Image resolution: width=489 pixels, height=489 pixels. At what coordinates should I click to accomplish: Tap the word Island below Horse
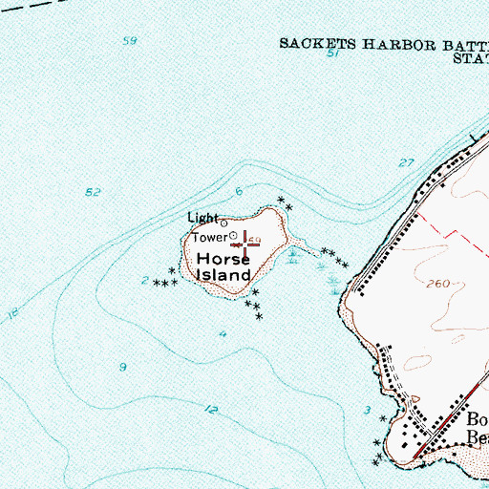(223, 275)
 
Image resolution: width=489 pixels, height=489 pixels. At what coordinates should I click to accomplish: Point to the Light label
(202, 219)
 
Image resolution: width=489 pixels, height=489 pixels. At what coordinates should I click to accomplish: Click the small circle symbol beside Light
(224, 223)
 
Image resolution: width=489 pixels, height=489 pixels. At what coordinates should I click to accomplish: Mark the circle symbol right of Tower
(232, 236)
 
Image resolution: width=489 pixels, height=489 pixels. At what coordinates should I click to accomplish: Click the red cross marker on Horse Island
(246, 244)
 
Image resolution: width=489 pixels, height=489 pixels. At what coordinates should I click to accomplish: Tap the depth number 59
(130, 40)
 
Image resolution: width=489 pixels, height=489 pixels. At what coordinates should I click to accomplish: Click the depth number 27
(407, 163)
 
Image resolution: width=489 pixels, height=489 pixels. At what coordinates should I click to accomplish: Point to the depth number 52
(93, 193)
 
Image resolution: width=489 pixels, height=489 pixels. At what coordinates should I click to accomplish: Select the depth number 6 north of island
(239, 191)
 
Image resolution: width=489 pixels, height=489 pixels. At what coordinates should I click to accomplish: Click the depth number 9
(122, 367)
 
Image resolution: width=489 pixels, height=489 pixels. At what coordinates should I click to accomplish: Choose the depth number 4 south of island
(222, 334)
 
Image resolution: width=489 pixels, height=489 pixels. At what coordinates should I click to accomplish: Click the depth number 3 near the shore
(367, 411)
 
